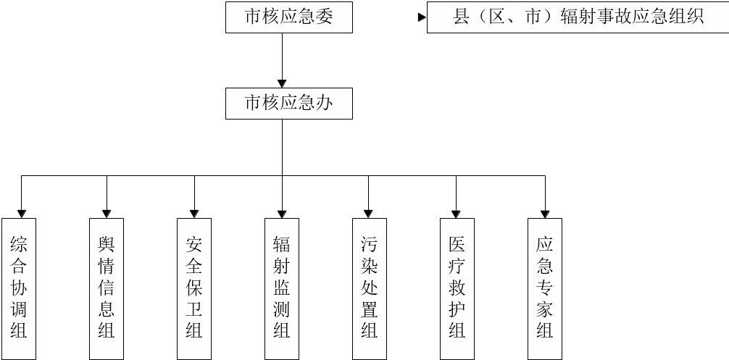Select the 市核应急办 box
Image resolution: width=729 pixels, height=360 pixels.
pyautogui.click(x=289, y=104)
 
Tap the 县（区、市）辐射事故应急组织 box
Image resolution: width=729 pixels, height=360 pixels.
pyautogui.click(x=578, y=17)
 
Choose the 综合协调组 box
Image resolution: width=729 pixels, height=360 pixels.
pyautogui.click(x=19, y=288)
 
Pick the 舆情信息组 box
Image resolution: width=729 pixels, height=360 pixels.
pyautogui.click(x=107, y=288)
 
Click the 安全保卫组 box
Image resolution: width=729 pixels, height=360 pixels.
pyautogui.click(x=194, y=288)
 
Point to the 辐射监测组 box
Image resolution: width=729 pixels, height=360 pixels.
pyautogui.click(x=282, y=288)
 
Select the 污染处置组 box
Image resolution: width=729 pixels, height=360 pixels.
pyautogui.click(x=370, y=288)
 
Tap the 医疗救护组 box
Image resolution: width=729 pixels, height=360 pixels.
pyautogui.click(x=457, y=288)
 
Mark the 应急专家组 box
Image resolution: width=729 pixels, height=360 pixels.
pyautogui.click(x=545, y=288)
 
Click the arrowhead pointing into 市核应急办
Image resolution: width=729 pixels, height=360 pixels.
pyautogui.click(x=283, y=83)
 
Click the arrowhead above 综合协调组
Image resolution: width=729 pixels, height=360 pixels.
pyautogui.click(x=22, y=213)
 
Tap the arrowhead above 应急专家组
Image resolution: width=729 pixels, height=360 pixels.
pyautogui.click(x=545, y=213)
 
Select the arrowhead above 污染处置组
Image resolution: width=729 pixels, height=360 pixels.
pyautogui.click(x=369, y=213)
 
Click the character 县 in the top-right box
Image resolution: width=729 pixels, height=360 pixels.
pyautogui.click(x=462, y=17)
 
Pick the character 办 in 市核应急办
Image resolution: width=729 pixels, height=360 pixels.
pyautogui.click(x=325, y=104)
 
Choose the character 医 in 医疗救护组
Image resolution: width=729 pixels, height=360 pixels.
pyautogui.click(x=457, y=245)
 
